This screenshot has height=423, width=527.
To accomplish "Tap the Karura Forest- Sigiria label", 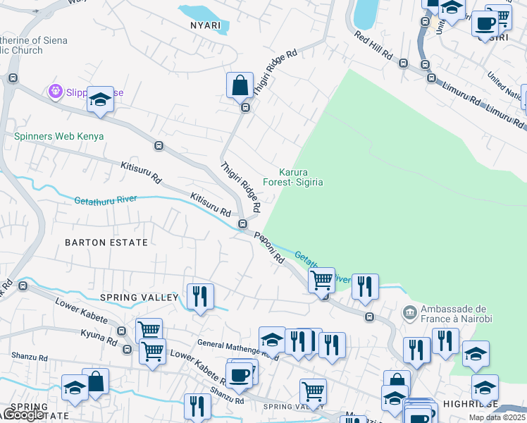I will (x=293, y=177).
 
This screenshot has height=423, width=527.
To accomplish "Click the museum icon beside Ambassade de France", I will (x=409, y=312).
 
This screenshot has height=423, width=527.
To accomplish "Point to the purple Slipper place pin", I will (x=56, y=91).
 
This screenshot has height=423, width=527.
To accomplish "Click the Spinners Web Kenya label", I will (x=59, y=136).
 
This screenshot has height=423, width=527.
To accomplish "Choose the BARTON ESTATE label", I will (x=106, y=242).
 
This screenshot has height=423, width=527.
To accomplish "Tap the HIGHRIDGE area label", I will (x=469, y=405).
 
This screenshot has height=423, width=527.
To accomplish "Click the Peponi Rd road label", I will (x=268, y=248).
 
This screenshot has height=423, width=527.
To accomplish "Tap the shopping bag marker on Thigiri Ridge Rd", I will (x=240, y=85).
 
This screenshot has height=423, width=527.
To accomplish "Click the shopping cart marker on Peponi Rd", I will (x=321, y=279).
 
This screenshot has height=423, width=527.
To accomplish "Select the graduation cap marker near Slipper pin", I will (x=100, y=99).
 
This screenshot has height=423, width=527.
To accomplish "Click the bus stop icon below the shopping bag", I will (x=245, y=108).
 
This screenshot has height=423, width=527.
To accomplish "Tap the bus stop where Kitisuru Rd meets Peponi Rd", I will (x=242, y=224).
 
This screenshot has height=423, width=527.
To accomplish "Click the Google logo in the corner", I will (x=21, y=415).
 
